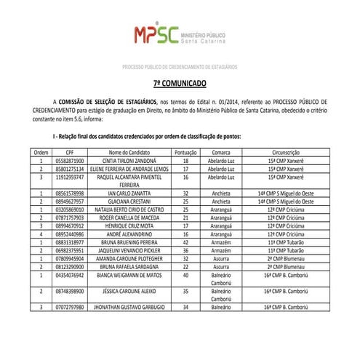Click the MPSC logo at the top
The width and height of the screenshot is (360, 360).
pyautogui.click(x=179, y=35)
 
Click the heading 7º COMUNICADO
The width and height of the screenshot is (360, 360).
pyautogui.click(x=180, y=84)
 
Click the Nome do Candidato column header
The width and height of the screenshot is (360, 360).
pyautogui.click(x=129, y=151)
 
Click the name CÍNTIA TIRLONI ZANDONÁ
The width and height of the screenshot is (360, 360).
pyautogui.click(x=129, y=160)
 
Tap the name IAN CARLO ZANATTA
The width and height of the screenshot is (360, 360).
pyautogui.click(x=129, y=193)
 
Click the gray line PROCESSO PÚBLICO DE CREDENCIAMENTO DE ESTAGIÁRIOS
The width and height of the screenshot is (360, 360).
pyautogui.click(x=180, y=67)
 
